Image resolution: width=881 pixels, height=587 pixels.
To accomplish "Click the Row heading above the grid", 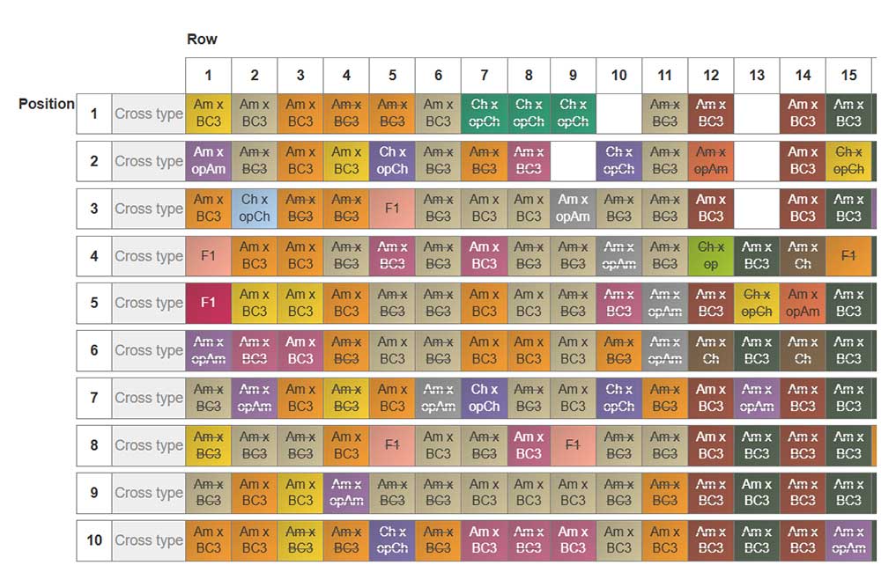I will tap(202, 39).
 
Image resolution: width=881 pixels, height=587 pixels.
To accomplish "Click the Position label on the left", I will tap(46, 104).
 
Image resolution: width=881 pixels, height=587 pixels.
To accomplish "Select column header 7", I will tap(484, 75).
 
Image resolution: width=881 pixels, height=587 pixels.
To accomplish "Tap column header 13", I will tap(757, 75).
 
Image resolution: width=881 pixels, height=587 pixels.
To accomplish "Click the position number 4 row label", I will tap(94, 256).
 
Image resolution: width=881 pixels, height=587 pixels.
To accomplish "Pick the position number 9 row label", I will tap(94, 493).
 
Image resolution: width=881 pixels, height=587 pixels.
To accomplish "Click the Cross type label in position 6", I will tap(148, 350).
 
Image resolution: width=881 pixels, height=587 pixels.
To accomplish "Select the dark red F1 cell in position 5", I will tap(208, 303).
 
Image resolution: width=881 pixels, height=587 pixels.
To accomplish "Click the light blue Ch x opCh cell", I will tap(255, 209).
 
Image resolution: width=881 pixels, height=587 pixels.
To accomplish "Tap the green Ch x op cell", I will tap(711, 256).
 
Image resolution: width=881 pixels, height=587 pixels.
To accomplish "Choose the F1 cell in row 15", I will tap(848, 256).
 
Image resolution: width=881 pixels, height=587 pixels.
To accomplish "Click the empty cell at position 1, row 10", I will tap(619, 114).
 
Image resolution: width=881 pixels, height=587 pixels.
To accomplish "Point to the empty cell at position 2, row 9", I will tap(574, 161).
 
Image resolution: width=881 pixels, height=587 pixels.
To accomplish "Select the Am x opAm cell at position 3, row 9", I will tap(574, 209).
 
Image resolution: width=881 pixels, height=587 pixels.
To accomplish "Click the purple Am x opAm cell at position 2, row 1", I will tap(208, 161).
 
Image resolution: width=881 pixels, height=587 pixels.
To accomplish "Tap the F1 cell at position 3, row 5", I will tap(392, 209).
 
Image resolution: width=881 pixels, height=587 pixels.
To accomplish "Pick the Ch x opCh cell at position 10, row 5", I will tap(392, 540).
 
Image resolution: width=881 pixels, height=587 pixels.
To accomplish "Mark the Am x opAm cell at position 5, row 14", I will tap(803, 303).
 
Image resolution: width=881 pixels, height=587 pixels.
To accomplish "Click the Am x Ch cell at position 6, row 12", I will tap(711, 350).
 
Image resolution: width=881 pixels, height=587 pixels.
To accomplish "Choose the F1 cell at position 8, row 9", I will tap(574, 445).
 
